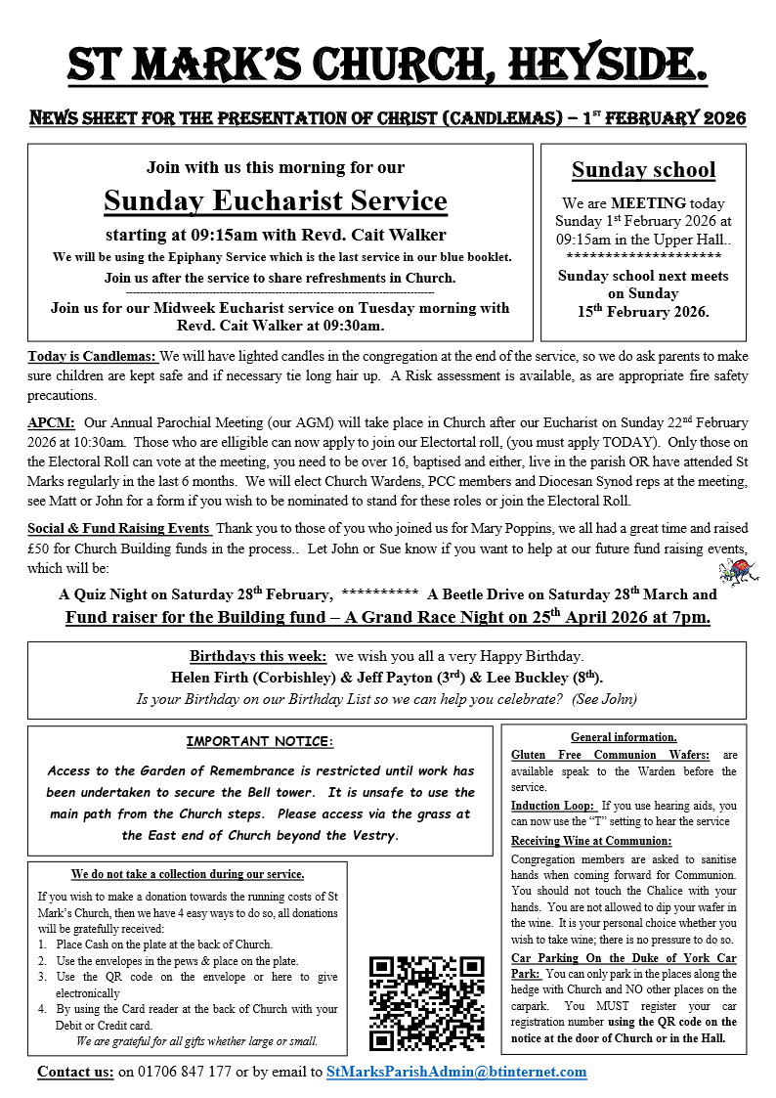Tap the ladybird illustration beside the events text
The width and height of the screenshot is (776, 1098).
point(734,570)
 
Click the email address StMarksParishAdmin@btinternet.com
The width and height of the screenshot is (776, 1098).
point(456,1072)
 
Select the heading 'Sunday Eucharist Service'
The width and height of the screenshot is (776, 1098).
point(276,200)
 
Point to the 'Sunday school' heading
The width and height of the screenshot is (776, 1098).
point(643,169)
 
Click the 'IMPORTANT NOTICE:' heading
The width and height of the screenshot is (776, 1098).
point(260,743)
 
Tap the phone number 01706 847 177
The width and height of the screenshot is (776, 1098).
point(175,1072)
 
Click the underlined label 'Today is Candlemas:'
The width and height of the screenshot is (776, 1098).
point(92,356)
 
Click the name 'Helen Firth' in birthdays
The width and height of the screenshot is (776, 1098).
point(212,677)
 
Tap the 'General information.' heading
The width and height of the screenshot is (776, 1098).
point(624,737)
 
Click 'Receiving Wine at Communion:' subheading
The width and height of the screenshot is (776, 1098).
point(591,841)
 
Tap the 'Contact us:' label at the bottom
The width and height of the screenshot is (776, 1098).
point(75,1072)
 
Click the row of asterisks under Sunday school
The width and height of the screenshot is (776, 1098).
point(643,255)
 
